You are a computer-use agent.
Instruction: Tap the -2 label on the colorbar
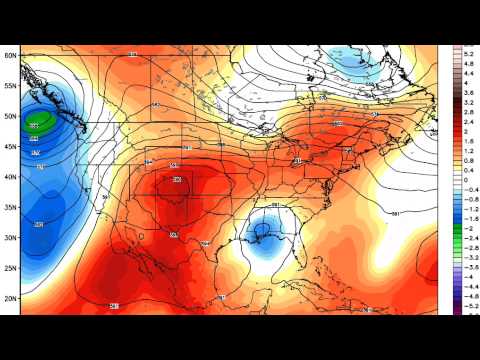(466, 228)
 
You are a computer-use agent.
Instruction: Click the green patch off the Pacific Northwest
(40, 124)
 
